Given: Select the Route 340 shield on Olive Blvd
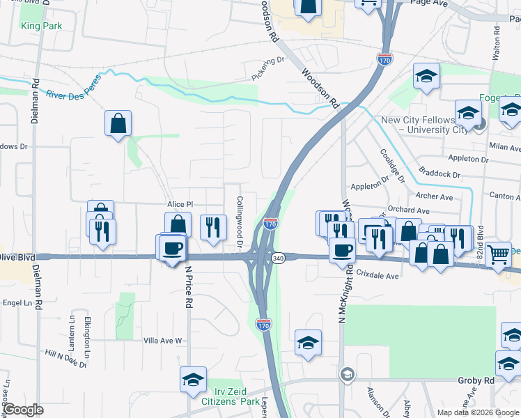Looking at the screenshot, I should [278, 257].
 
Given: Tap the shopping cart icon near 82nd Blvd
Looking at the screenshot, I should [499, 255].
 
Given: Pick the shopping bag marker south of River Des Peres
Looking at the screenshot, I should [118, 123].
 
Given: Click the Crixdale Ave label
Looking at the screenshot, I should [377, 275].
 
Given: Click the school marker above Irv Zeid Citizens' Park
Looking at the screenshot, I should [193, 379].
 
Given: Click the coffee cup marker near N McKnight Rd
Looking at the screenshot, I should [341, 250].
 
